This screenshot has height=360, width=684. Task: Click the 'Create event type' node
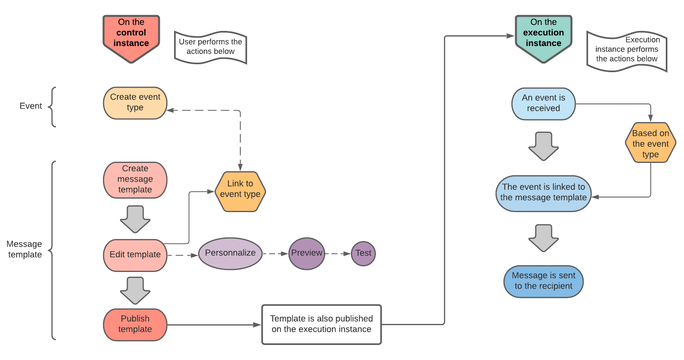click(135, 103)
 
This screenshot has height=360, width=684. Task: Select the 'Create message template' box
click(135, 180)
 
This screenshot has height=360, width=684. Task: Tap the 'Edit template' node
click(135, 255)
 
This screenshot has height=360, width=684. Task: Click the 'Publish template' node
click(135, 324)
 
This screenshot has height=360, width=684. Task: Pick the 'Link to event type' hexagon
click(240, 191)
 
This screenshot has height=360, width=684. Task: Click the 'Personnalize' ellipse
click(230, 253)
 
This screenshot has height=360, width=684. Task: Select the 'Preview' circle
click(307, 253)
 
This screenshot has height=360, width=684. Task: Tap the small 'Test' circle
click(363, 253)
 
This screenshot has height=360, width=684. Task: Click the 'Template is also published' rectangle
click(321, 324)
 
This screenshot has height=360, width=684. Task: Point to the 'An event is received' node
click(543, 103)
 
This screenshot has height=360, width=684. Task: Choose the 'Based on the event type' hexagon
click(650, 143)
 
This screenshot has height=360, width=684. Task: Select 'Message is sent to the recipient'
click(543, 281)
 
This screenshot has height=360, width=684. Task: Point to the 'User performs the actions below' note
click(211, 47)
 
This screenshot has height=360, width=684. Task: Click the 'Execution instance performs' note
click(627, 51)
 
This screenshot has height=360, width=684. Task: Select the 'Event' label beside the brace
click(31, 106)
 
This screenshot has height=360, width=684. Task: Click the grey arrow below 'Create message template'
click(135, 219)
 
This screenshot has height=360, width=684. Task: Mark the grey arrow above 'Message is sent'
click(543, 237)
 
